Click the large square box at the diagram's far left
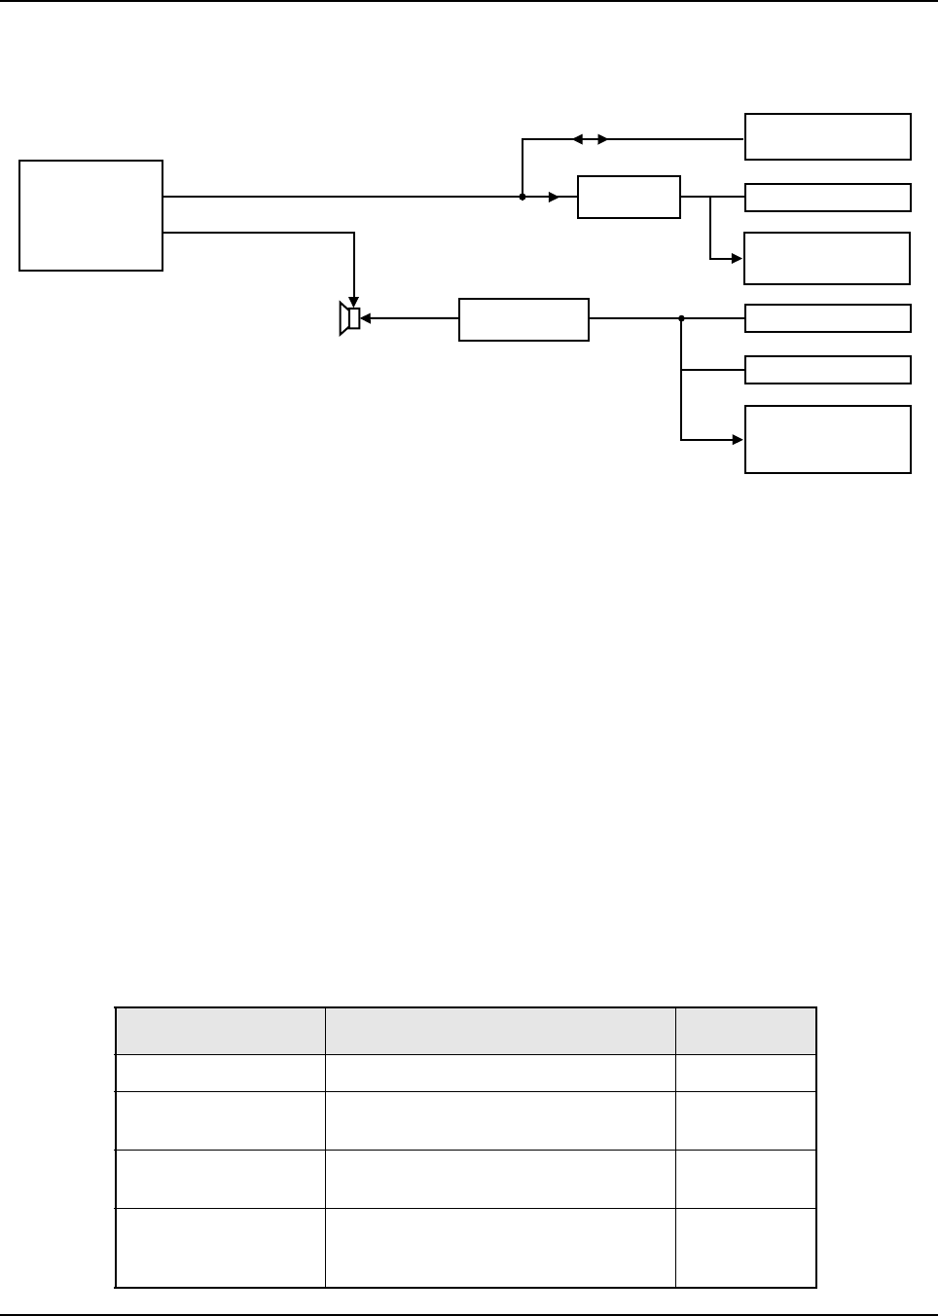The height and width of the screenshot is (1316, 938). coord(90,215)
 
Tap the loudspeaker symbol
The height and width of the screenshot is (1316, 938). coord(349,318)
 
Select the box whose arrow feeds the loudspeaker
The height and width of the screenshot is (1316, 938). coord(523,319)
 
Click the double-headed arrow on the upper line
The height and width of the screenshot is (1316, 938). coord(590,139)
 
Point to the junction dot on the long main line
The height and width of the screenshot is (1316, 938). coord(523,197)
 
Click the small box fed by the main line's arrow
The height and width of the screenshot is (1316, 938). coord(629,197)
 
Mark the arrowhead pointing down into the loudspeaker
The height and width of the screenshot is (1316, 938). coord(354,301)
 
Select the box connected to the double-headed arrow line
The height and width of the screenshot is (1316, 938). coord(827,136)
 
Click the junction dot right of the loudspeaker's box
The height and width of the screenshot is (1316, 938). coord(681,318)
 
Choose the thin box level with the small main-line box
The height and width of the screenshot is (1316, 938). coord(827,198)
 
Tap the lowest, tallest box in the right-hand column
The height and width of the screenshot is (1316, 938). coord(827,439)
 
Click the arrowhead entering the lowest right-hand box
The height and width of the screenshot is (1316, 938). coord(738,440)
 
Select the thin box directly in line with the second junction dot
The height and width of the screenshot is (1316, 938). coord(827,318)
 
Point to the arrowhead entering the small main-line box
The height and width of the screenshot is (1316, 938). coord(554,197)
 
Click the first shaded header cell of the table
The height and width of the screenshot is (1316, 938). coord(220,1031)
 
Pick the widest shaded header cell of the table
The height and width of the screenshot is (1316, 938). coord(500,1031)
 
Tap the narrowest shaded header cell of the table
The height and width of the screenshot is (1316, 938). coord(745,1031)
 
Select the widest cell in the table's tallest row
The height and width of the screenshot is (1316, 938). coord(500,1248)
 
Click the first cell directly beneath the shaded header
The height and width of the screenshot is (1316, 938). coord(220,1073)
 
